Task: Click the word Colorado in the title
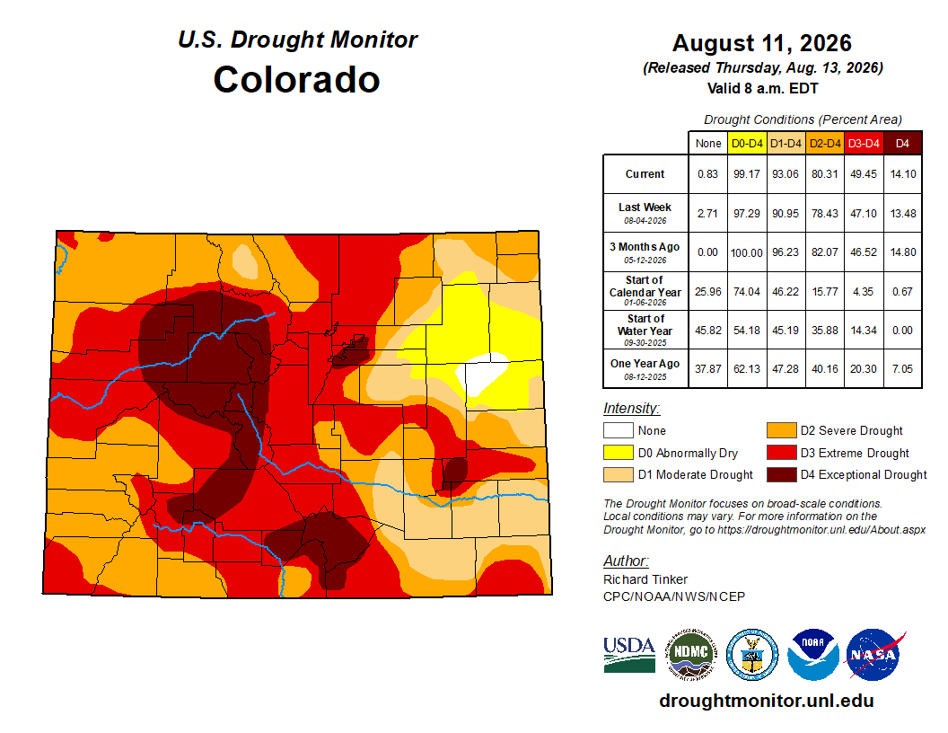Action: point(296,79)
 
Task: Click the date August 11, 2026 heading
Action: point(762,43)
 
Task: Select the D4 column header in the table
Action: point(902,144)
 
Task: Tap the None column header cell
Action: point(708,144)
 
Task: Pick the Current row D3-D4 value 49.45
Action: point(864,174)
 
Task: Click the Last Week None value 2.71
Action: point(707,214)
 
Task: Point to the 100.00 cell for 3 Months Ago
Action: point(747,252)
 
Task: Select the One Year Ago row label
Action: point(645,368)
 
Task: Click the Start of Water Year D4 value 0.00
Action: point(902,331)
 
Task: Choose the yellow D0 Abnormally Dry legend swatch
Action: point(618,453)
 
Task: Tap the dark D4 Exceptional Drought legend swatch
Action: point(782,475)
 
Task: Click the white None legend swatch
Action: point(618,430)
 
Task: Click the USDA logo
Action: point(629,654)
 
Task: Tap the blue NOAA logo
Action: point(813,654)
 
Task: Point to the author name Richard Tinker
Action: point(645,579)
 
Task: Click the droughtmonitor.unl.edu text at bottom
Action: point(767,701)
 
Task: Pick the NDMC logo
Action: point(691,654)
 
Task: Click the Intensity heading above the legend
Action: point(631,409)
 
